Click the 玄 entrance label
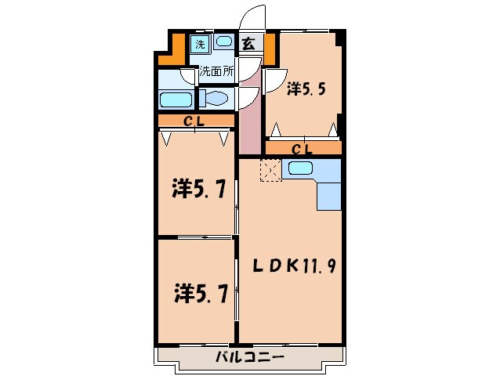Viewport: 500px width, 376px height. click(x=248, y=44)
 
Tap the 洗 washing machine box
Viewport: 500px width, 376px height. click(x=200, y=45)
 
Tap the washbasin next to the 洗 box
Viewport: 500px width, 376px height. click(x=223, y=43)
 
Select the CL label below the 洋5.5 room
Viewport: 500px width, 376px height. click(x=302, y=148)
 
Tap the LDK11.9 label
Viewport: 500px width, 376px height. click(x=294, y=266)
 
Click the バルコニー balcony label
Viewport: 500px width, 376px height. click(x=248, y=358)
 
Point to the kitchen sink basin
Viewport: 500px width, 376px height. click(x=300, y=168)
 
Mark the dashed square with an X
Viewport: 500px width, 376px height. click(x=270, y=170)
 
